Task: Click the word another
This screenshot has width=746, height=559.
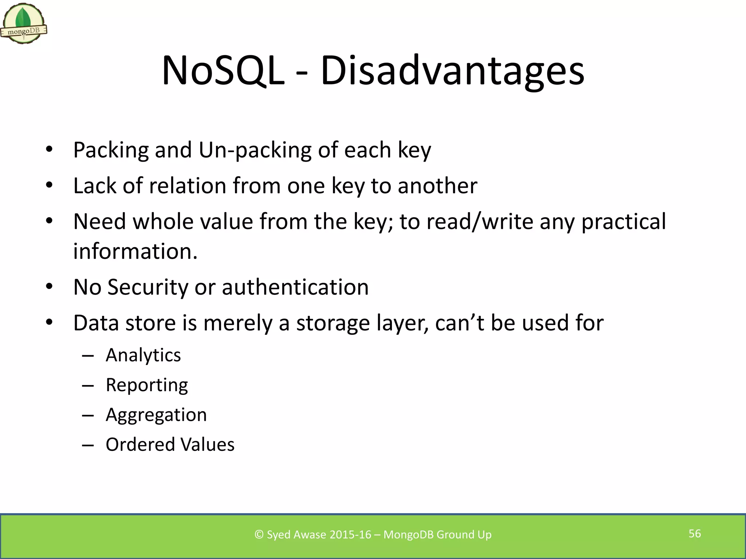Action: (437, 186)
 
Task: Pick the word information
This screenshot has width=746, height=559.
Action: (135, 251)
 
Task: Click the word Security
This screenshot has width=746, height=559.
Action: (148, 287)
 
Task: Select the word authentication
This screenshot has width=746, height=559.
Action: (295, 287)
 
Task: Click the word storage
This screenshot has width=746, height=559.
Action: (333, 323)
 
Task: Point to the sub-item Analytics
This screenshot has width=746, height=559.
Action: (143, 355)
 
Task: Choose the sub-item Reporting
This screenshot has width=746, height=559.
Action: (147, 385)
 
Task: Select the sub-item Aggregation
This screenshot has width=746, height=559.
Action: (156, 415)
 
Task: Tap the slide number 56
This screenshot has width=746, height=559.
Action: (695, 534)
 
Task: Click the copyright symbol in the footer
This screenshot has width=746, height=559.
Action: (259, 535)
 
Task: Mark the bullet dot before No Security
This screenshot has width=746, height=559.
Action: (50, 287)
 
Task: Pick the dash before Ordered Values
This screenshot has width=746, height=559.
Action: (88, 445)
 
